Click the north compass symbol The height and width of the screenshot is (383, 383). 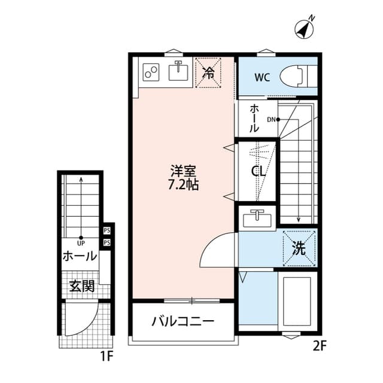(305, 29)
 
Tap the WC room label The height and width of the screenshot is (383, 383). (262, 77)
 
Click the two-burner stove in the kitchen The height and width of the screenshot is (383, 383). (151, 72)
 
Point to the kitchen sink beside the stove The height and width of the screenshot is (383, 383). (178, 72)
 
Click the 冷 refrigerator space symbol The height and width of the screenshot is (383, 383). (208, 72)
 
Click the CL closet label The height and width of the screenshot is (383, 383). (258, 171)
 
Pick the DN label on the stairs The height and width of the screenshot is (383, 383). (270, 120)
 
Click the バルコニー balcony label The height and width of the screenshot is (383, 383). (183, 321)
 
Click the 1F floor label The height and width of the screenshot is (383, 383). (107, 357)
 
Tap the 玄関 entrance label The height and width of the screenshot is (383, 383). (82, 286)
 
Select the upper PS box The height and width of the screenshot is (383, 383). (107, 230)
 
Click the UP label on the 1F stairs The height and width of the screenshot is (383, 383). (81, 243)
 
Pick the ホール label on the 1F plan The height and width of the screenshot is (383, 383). (80, 257)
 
